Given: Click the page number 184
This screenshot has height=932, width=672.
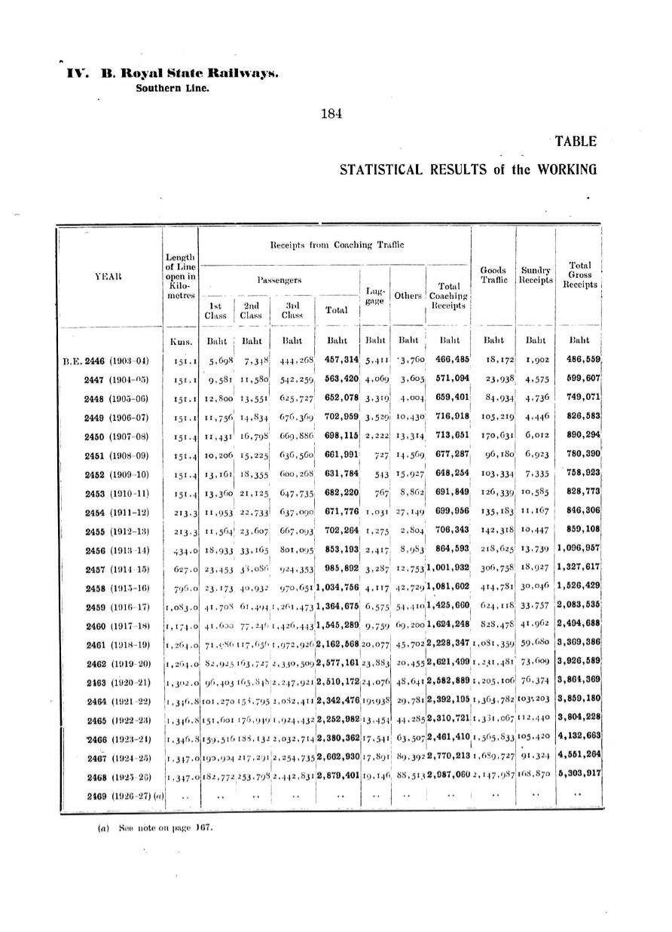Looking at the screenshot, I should click(331, 114).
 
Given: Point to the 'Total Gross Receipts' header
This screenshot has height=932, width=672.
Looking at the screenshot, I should click(579, 275).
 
